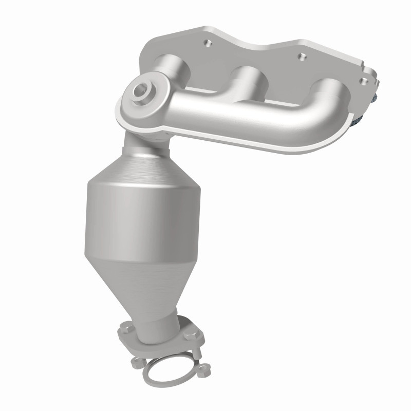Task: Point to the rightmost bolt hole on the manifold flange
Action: pyautogui.click(x=364, y=80)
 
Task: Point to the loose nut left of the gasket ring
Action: pyautogui.click(x=136, y=362)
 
